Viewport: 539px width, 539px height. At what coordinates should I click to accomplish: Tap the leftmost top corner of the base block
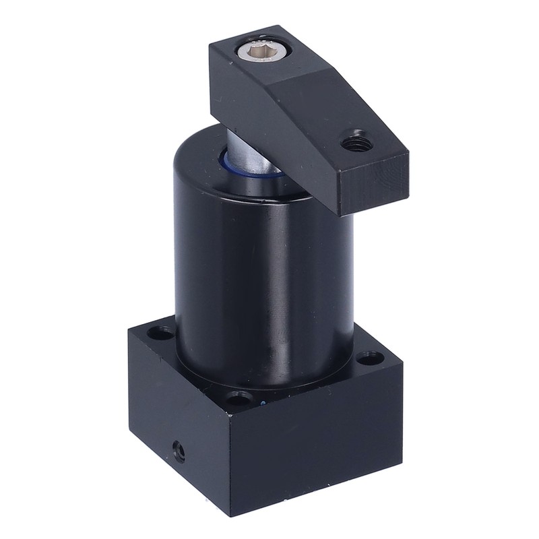126,329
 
